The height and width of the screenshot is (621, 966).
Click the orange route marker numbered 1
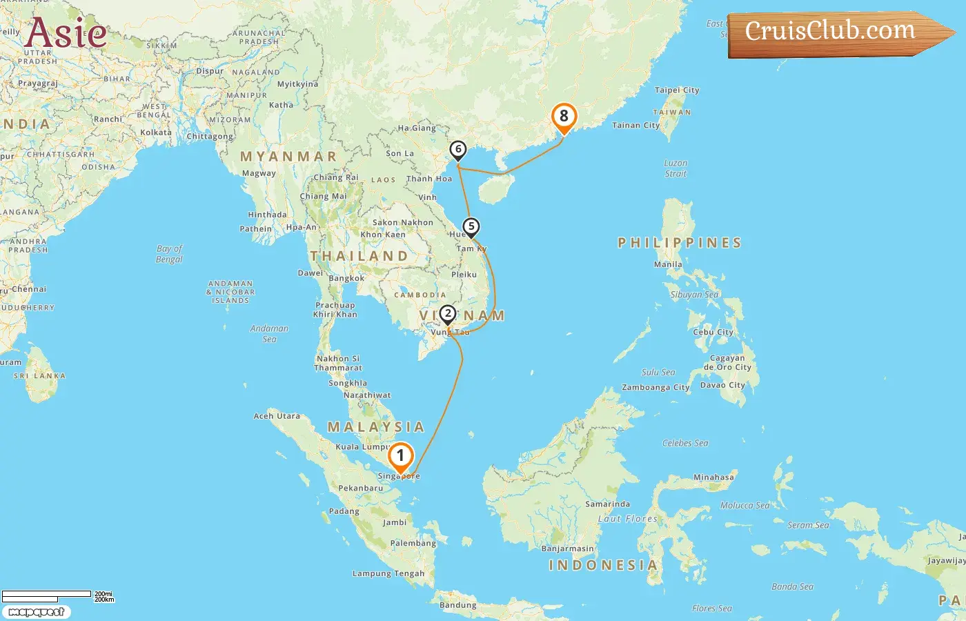click(x=400, y=457)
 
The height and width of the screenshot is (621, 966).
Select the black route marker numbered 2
click(x=447, y=314)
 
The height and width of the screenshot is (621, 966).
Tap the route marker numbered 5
click(x=471, y=226)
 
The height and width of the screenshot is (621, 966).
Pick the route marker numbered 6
click(x=457, y=149)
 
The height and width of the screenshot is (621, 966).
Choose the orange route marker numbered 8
click(x=564, y=117)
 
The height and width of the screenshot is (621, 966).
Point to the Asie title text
click(x=66, y=32)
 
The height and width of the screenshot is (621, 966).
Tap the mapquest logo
click(x=36, y=611)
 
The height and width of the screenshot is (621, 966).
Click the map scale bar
click(x=47, y=595)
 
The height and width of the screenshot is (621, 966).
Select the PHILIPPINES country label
click(x=680, y=243)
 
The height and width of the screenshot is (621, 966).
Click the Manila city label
click(x=668, y=264)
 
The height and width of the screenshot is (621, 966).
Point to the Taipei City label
click(x=677, y=90)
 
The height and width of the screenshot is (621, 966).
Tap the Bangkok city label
click(x=346, y=278)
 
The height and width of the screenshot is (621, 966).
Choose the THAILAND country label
click(x=359, y=256)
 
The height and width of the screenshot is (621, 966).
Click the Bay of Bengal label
click(x=169, y=254)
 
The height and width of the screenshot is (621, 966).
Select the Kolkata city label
click(x=156, y=132)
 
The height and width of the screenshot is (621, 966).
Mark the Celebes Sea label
click(x=685, y=443)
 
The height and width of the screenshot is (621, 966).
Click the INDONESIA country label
click(x=603, y=565)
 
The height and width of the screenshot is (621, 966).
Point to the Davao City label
click(x=722, y=385)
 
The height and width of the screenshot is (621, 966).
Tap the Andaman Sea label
click(x=269, y=334)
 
